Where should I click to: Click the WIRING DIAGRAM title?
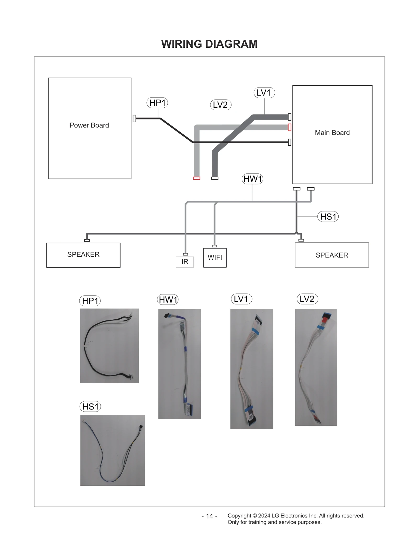point(209,44)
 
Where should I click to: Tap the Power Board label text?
point(89,125)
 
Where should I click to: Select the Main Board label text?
point(332,133)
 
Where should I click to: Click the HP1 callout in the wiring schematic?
point(157,103)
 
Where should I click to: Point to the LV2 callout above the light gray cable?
point(220,105)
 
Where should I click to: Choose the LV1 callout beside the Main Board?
point(264,93)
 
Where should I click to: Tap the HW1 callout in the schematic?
point(252,179)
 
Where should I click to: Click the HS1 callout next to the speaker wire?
point(328,217)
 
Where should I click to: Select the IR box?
point(185,262)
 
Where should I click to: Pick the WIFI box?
point(215,258)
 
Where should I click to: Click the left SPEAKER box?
point(83,255)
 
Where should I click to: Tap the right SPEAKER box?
point(332,255)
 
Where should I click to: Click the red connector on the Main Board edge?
point(289,127)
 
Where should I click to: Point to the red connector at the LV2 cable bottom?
point(196,178)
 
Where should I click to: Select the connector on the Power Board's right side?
point(134,118)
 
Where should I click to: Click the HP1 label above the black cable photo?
point(90,301)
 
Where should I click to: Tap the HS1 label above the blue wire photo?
point(90,407)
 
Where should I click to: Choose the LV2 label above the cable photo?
point(307,299)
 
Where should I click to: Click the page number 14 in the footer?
point(210,516)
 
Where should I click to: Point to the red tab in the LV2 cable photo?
point(325,320)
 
